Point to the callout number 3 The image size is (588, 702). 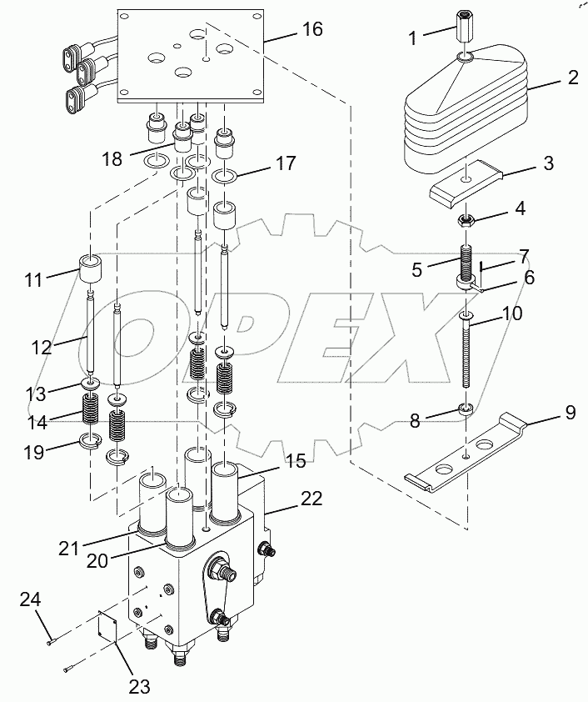pos(548,163)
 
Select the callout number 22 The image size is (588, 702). pos(311,499)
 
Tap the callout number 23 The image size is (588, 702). pos(139,686)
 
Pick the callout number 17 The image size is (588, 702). pos(286,164)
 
